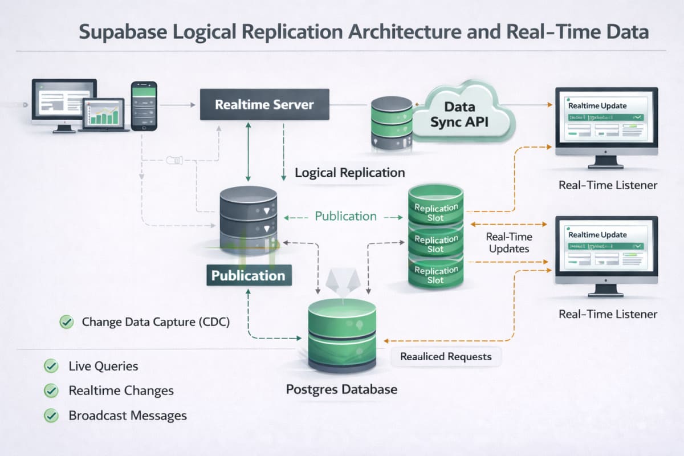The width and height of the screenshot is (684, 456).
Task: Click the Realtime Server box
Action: (x=264, y=104)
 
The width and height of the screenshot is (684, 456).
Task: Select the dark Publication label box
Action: (x=248, y=275)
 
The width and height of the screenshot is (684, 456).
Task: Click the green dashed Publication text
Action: (x=345, y=217)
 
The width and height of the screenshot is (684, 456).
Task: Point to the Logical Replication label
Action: (x=349, y=173)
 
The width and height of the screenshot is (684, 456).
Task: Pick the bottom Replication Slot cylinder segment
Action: (x=435, y=274)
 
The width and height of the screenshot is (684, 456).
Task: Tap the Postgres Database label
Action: (x=341, y=390)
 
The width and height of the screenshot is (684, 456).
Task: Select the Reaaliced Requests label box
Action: (x=445, y=357)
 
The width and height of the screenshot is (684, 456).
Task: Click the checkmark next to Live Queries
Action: (x=51, y=366)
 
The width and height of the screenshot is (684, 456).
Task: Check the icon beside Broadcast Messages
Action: (x=51, y=416)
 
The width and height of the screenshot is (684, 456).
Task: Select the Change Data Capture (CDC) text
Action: (x=155, y=322)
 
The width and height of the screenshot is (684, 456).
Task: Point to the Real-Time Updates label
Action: (x=508, y=243)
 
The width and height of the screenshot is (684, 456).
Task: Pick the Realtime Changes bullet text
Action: (x=121, y=390)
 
